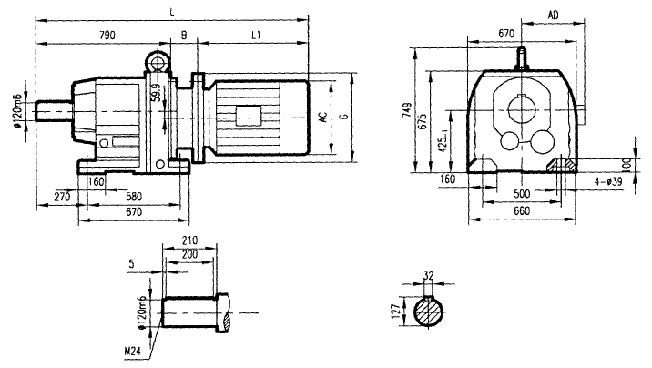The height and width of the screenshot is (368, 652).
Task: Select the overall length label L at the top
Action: tap(172, 11)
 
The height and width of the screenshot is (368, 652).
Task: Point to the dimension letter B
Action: tap(184, 35)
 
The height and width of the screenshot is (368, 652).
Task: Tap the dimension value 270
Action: tap(62, 196)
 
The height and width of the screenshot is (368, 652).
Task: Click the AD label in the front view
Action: tap(553, 14)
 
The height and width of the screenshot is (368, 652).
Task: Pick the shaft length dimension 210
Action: tap(189, 240)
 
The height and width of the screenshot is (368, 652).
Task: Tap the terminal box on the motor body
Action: tap(248, 116)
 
